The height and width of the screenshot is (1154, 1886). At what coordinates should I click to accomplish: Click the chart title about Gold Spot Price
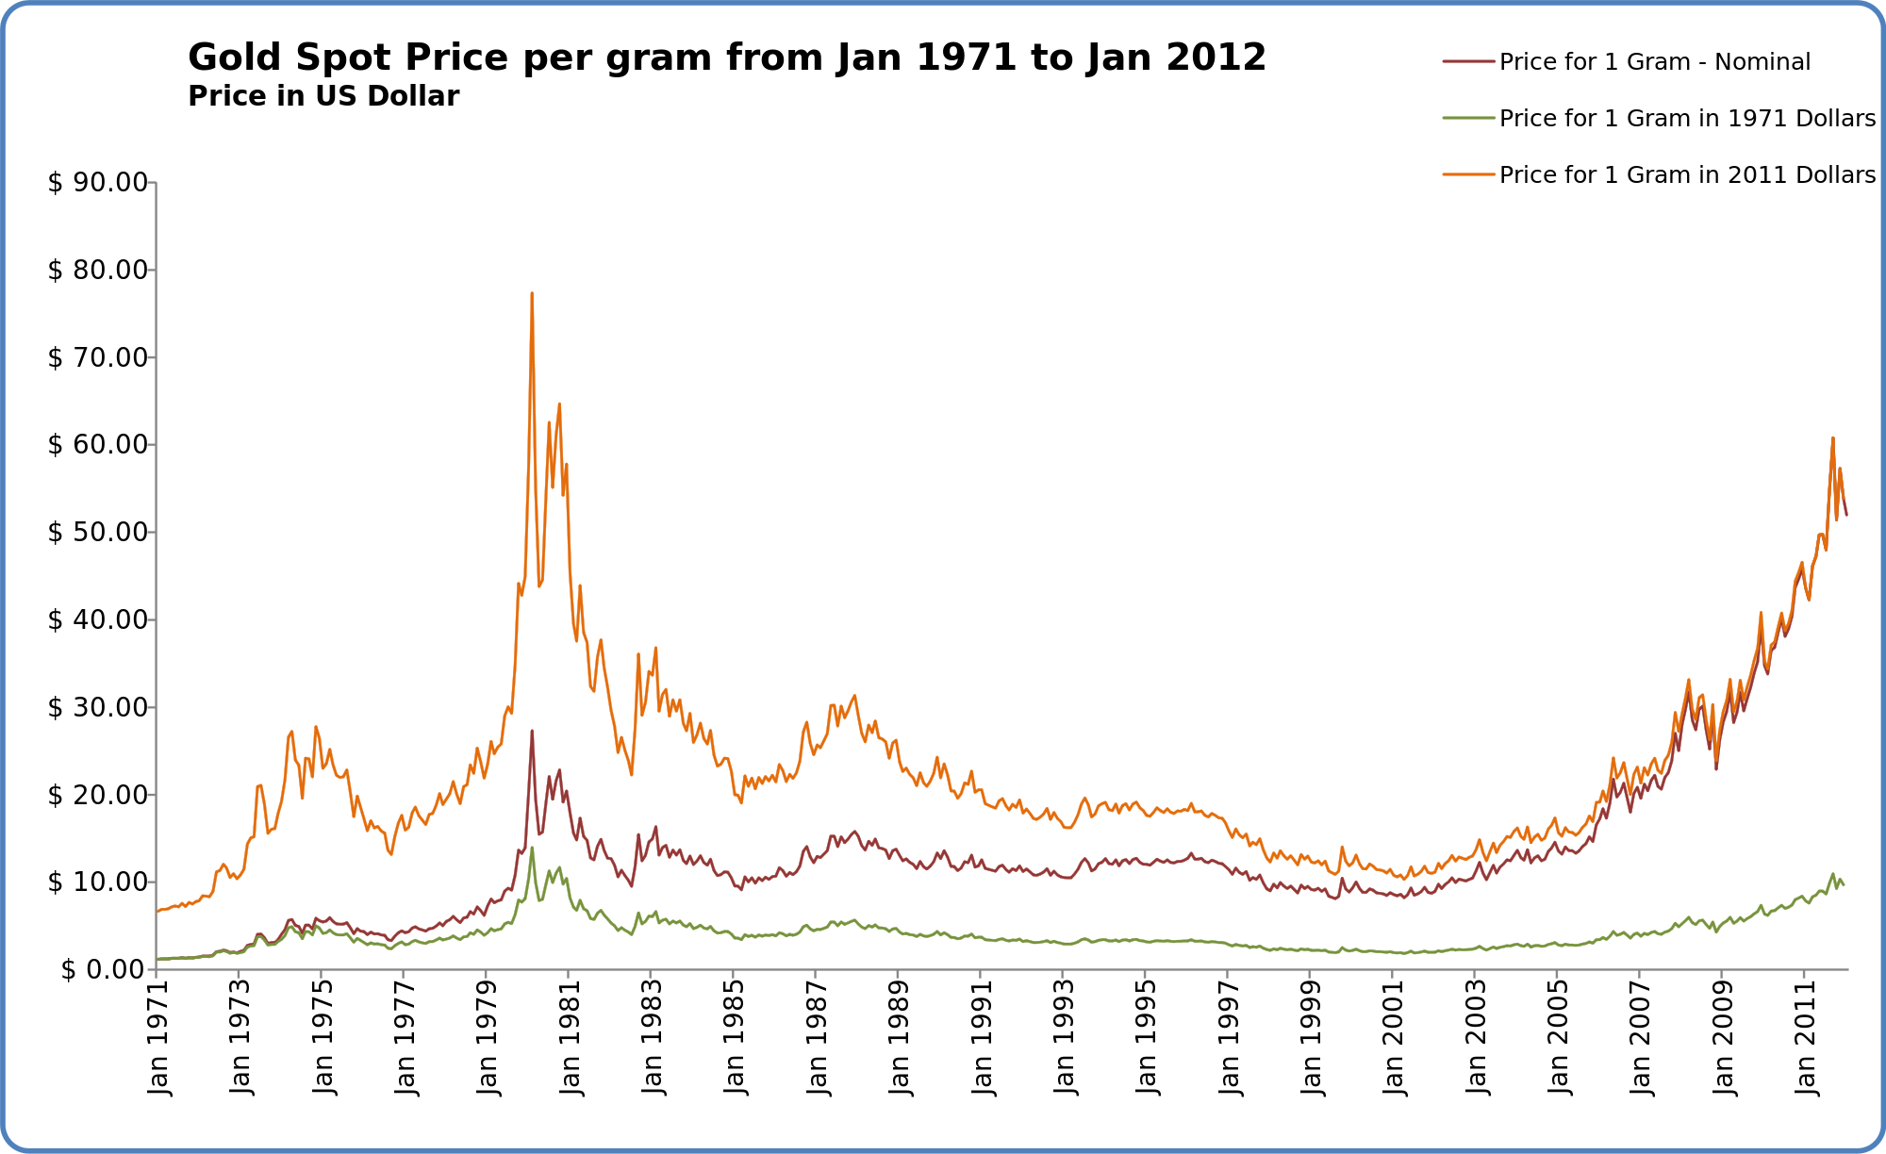(x=726, y=58)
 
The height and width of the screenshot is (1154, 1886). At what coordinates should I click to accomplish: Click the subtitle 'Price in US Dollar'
(x=323, y=96)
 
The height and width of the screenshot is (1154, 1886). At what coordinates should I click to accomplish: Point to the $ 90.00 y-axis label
(x=98, y=182)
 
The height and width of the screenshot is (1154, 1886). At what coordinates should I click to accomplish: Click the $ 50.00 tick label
(x=98, y=532)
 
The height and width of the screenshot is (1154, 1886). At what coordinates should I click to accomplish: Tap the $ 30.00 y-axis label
(x=98, y=707)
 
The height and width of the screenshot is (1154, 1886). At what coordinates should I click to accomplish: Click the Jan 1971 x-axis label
(x=158, y=1037)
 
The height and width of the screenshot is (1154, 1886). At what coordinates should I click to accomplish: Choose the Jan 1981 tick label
(x=571, y=1037)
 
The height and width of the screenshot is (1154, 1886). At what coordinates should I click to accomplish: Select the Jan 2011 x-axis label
(x=1805, y=1037)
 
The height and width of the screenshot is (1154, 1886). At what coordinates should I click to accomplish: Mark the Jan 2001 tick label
(x=1394, y=1037)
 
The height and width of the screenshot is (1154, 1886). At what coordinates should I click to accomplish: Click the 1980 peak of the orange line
(x=532, y=293)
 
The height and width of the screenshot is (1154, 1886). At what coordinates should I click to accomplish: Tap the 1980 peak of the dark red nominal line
(x=532, y=731)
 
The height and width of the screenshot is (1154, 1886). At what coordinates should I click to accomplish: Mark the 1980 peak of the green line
(x=532, y=848)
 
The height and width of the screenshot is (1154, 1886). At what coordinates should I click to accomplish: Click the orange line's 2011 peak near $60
(x=1832, y=438)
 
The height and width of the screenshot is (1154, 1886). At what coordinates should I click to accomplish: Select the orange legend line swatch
(x=1468, y=174)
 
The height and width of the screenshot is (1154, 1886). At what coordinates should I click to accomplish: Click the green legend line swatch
(x=1468, y=118)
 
